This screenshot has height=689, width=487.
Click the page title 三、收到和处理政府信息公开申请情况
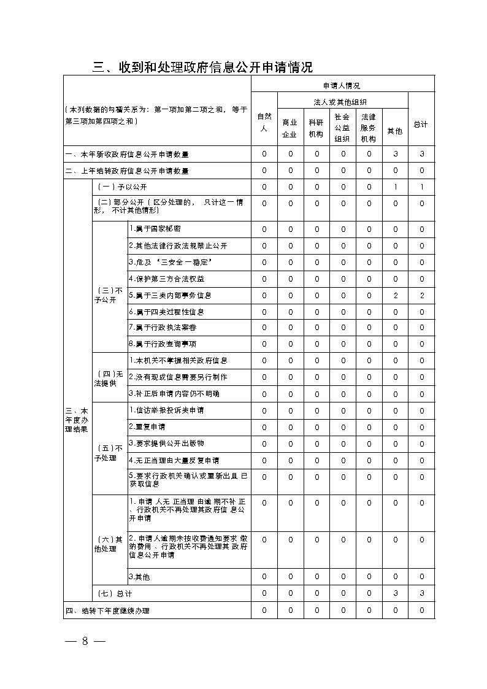coord(202,67)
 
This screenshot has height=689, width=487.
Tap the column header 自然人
coord(264,122)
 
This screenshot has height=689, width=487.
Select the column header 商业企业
coord(290,128)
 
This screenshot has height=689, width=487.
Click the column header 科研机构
coord(316,128)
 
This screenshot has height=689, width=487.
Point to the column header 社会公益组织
coord(342,128)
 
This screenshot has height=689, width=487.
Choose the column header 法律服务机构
coord(368,128)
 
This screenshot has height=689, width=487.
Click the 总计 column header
coord(420,124)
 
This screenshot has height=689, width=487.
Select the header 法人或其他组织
coord(342,101)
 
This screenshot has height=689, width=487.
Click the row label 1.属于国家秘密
coord(155,229)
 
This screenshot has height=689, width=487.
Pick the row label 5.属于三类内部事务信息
coord(170,295)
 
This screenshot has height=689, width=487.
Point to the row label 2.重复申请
coord(147,426)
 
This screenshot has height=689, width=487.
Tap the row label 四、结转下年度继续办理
coord(107,610)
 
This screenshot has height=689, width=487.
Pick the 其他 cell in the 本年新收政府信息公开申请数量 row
coord(396,154)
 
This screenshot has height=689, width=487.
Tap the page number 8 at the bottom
coord(86,641)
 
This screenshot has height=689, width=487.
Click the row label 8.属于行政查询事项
coord(163,344)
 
